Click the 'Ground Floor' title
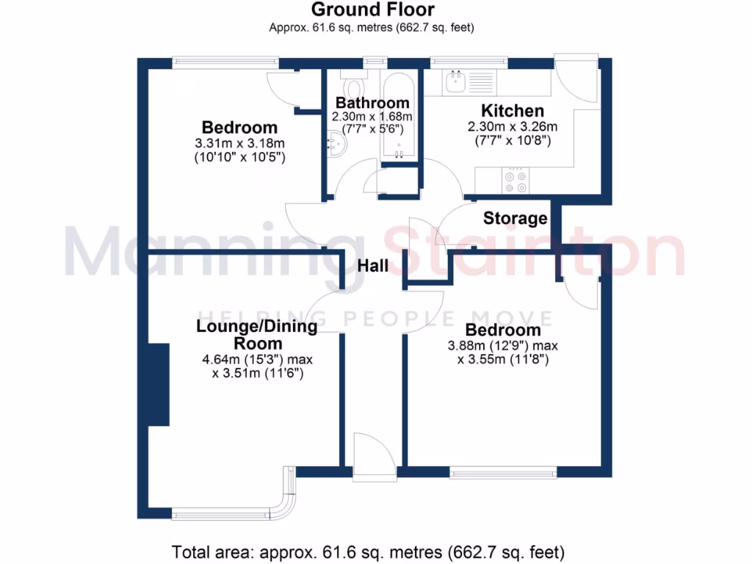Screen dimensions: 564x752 click(372, 10)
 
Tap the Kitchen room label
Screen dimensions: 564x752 click(512, 111)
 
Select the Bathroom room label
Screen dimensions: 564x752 click(372, 103)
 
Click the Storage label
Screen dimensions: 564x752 click(515, 218)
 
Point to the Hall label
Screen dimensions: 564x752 click(372, 266)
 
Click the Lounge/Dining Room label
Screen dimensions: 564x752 click(257, 335)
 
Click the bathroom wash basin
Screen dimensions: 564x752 click(334, 141)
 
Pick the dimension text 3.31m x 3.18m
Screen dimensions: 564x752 click(239, 143)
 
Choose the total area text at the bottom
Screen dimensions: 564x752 click(368, 551)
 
